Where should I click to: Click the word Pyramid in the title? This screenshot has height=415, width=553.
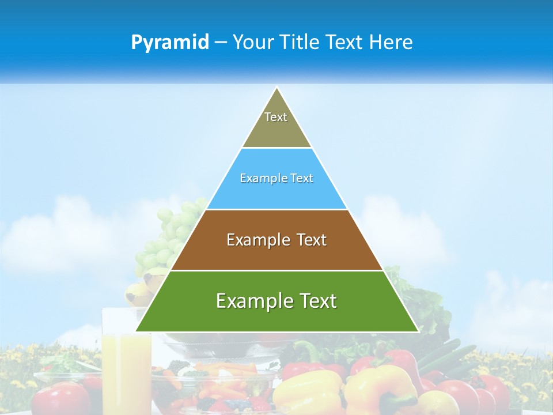coord(169,43)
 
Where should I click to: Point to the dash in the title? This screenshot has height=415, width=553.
coord(220,43)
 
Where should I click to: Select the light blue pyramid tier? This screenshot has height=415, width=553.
coord(277,193)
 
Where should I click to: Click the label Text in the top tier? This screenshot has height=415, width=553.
coord(276,117)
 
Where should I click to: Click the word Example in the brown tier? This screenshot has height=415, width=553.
coord(252,240)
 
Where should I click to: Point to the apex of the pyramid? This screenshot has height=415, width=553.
coord(277,88)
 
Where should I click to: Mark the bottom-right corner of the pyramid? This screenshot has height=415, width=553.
coord(418,331)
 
